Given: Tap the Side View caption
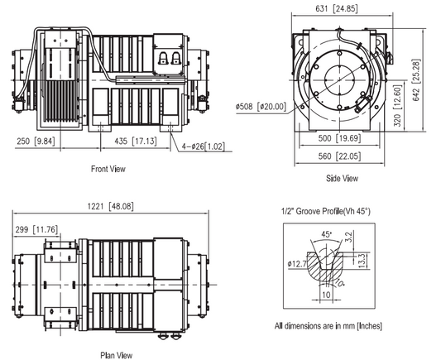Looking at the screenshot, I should (x=342, y=179).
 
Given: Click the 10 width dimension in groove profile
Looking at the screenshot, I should (x=328, y=292).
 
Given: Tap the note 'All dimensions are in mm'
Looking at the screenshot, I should (x=328, y=326).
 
